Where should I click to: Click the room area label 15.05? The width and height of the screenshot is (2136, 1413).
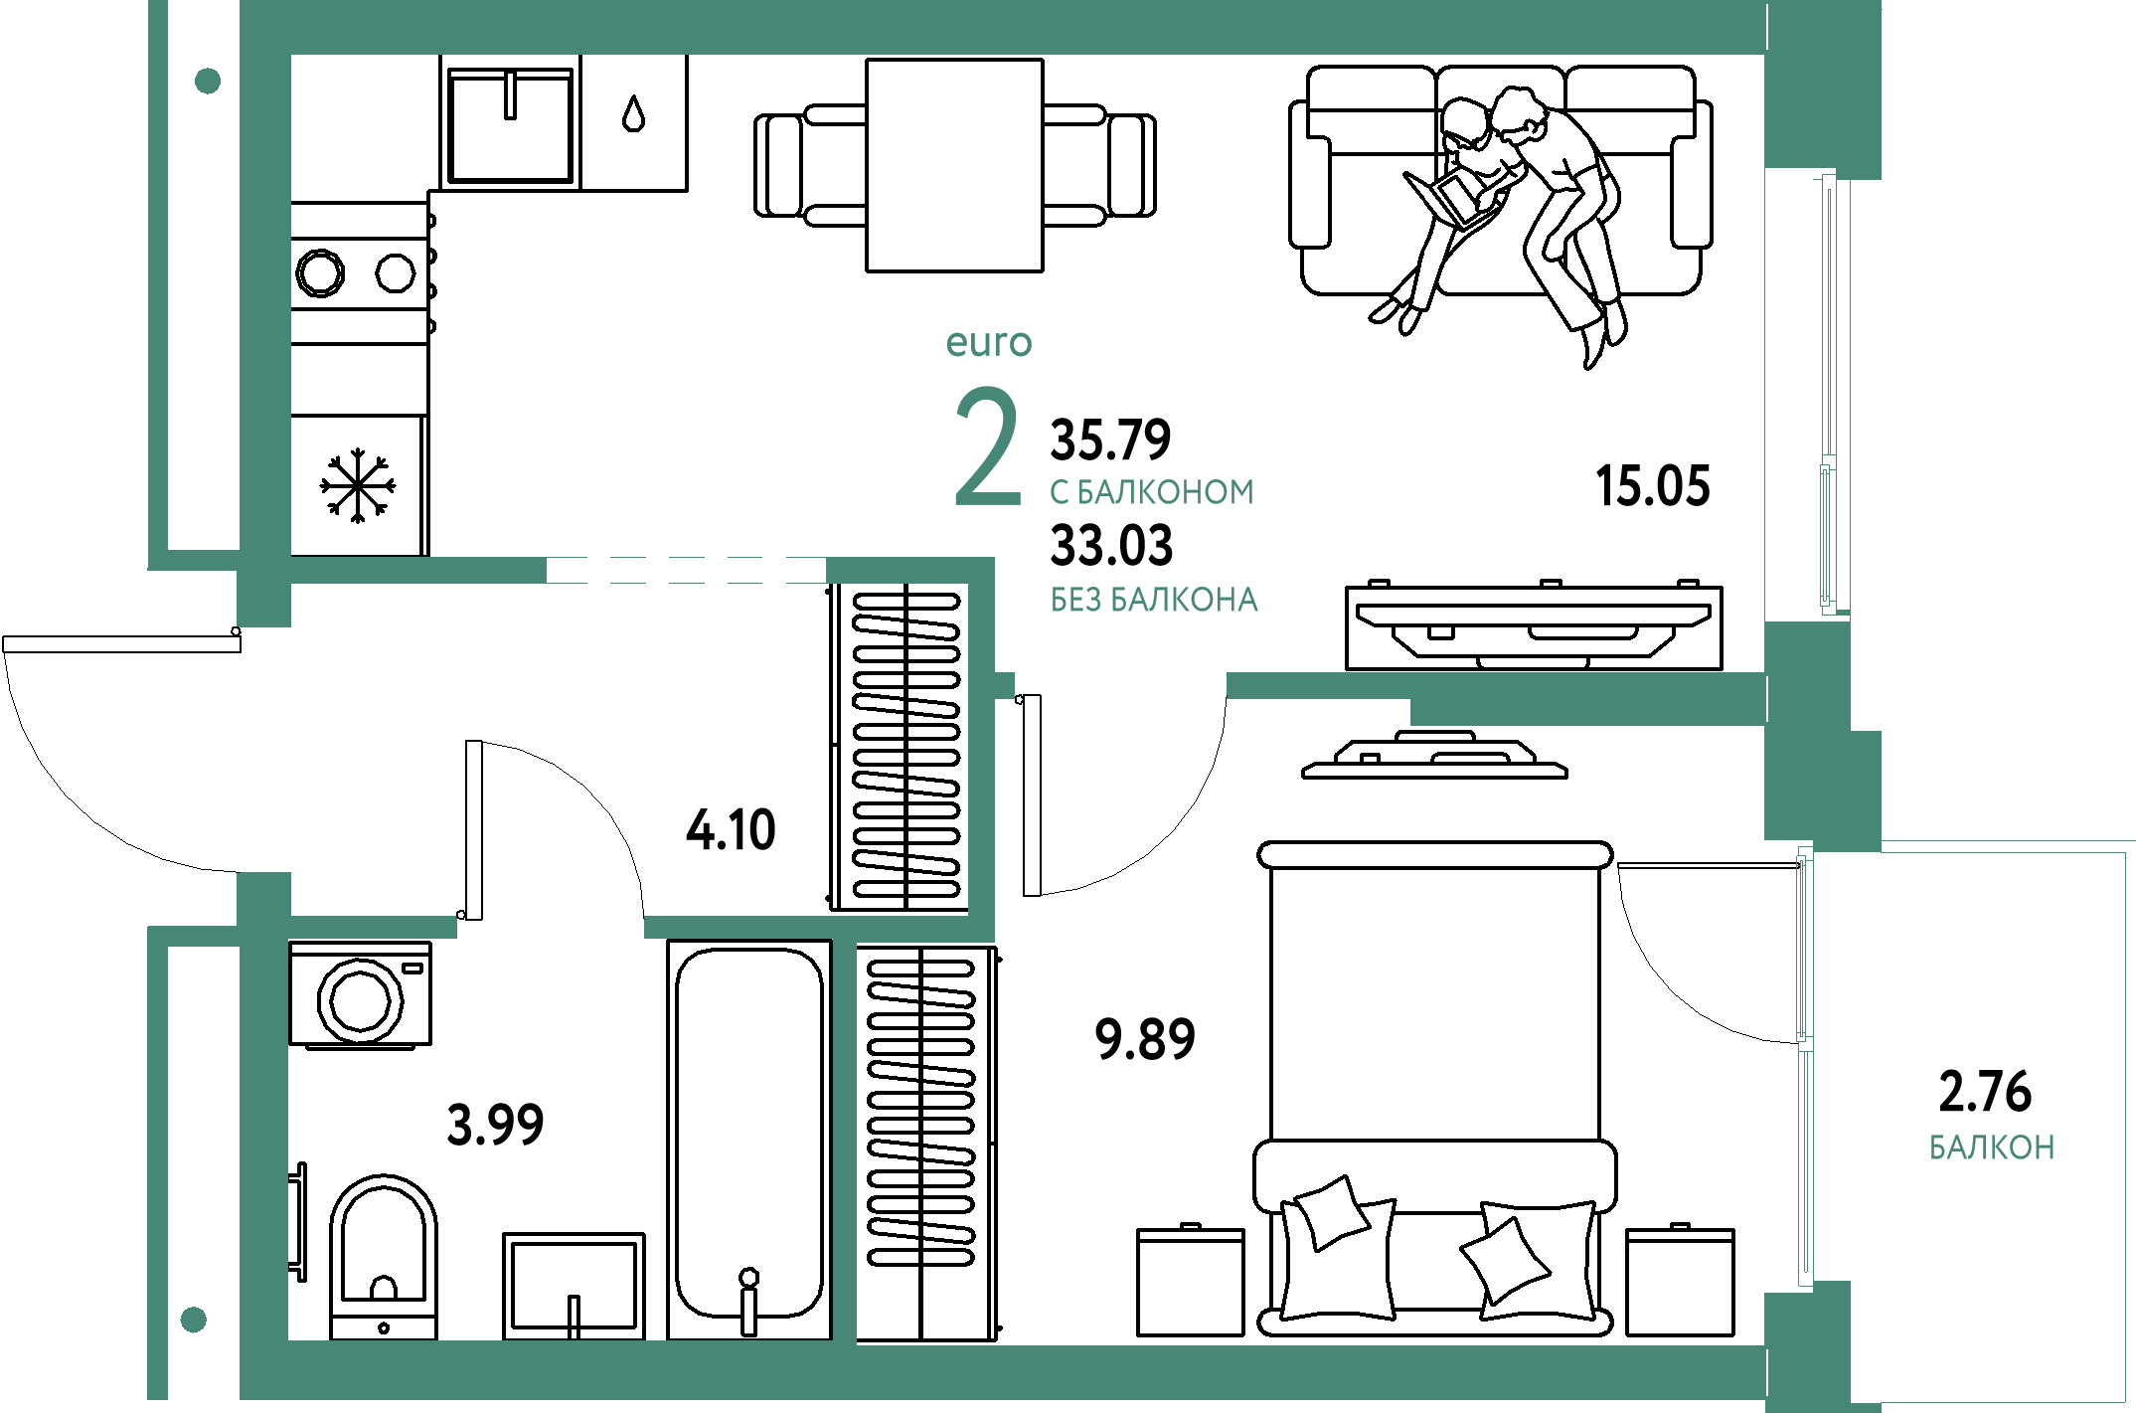coord(1653,486)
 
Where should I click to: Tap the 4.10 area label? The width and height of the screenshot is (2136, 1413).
coord(731,829)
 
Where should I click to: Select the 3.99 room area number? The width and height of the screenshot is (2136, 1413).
coord(495,1125)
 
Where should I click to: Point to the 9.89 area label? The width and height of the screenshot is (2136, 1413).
coord(1145,1038)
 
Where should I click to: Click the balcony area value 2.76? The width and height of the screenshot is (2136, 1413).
coord(1985,1091)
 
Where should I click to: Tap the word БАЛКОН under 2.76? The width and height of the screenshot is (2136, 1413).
coord(1992,1148)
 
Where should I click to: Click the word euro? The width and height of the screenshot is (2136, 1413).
coord(989,342)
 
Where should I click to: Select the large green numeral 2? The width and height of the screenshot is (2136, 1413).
coord(987,446)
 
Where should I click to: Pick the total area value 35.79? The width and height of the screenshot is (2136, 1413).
coord(1111,439)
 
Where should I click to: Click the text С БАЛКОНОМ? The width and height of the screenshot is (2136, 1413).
coord(1152,492)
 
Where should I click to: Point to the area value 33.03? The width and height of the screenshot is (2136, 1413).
coord(1111,545)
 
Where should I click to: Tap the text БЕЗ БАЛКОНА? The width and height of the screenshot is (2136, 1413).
coord(1154,600)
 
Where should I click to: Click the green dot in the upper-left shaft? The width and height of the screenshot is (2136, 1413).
coord(208,81)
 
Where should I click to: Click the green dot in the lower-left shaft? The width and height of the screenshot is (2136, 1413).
coord(194,1320)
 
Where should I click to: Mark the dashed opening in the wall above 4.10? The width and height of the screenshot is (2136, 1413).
coord(686,570)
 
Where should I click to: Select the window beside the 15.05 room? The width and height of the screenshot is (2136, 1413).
coord(1829,393)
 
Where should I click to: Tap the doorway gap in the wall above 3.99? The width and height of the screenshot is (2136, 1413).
coord(551,927)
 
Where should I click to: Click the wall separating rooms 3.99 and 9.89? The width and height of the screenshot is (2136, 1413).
coord(844,1139)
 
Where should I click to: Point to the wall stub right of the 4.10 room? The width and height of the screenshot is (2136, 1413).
coord(1004,685)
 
